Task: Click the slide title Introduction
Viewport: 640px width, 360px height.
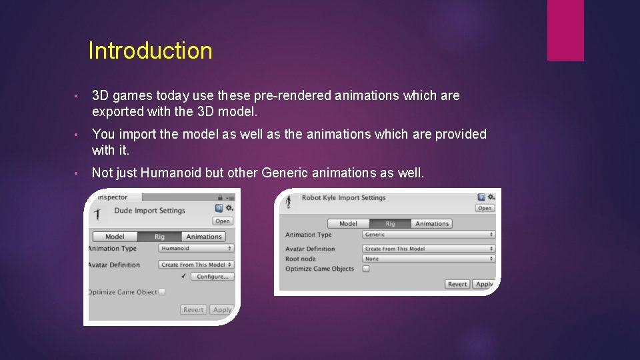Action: (x=150, y=51)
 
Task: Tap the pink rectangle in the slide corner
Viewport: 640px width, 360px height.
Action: (x=565, y=30)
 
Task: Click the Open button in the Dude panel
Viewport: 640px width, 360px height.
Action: (x=223, y=221)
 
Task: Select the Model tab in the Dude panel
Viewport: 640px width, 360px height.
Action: (x=115, y=237)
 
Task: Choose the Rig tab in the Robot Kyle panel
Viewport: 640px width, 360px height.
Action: (x=390, y=224)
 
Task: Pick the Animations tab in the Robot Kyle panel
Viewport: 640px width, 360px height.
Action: (x=432, y=224)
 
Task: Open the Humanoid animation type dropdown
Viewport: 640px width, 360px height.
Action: (x=196, y=249)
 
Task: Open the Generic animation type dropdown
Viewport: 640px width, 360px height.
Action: (x=429, y=235)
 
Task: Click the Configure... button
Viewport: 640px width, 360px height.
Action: (x=212, y=276)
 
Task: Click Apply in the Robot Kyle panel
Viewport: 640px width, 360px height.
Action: (x=484, y=284)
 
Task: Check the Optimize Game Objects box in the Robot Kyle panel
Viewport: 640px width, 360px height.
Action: (x=366, y=269)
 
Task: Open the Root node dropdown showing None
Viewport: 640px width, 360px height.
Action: (x=429, y=259)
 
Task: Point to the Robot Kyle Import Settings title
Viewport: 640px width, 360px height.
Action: (x=343, y=198)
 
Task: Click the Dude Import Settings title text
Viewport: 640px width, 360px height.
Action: (x=149, y=211)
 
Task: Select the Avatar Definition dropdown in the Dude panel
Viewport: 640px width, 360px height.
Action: (x=196, y=265)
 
